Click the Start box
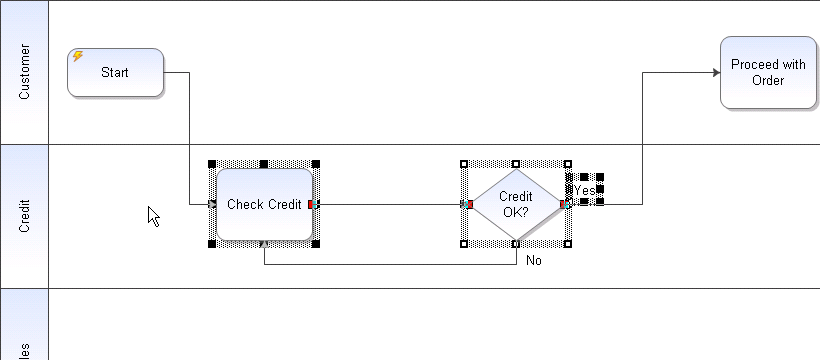(115, 73)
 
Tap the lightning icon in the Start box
(78, 57)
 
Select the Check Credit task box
(264, 204)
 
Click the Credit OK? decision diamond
(515, 204)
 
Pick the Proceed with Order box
(767, 72)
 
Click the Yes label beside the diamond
(584, 190)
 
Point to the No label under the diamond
(534, 260)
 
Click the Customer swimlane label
(25, 72)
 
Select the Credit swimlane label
(25, 216)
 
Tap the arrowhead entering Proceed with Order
(715, 73)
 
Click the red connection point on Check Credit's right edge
(312, 204)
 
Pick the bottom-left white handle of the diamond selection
(464, 244)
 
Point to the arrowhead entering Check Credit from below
(264, 243)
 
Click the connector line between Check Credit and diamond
(390, 204)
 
